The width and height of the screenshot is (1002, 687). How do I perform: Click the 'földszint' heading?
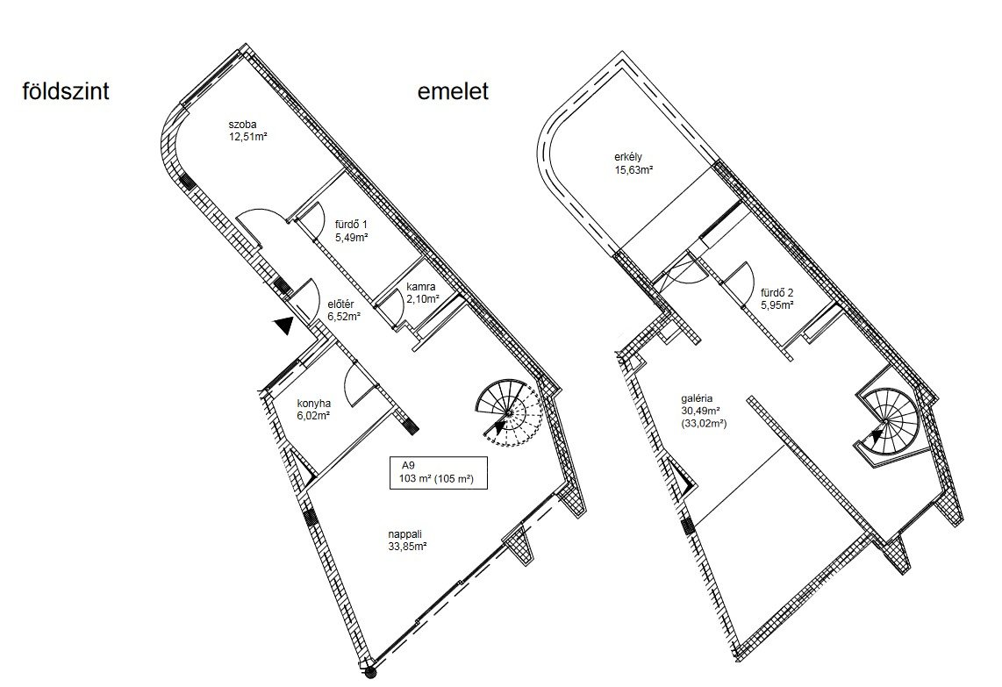click(66, 91)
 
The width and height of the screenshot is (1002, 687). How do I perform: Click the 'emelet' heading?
click(453, 91)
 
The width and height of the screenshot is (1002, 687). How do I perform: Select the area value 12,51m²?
click(248, 136)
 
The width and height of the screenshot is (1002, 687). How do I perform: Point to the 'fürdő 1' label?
click(352, 225)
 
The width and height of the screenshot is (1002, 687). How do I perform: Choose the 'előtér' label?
click(340, 304)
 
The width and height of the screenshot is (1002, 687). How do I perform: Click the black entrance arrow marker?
click(282, 325)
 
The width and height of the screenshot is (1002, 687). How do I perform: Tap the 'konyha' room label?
click(313, 404)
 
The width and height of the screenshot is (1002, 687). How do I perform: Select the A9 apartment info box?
click(439, 474)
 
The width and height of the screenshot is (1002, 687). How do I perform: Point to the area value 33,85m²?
click(407, 547)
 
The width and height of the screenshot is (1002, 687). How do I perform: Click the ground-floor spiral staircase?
click(509, 411)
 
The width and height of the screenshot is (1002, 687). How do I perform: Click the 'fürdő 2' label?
click(777, 293)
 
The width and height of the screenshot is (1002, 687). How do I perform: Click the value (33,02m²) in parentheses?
click(705, 423)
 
